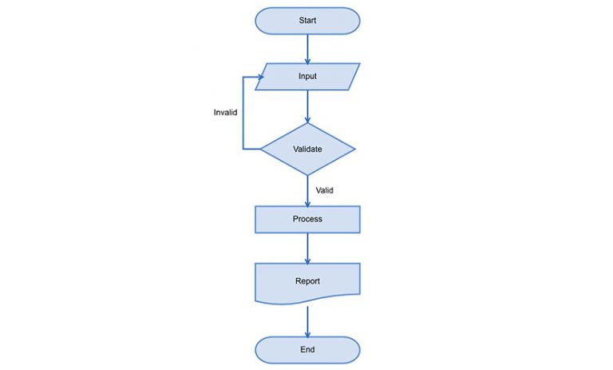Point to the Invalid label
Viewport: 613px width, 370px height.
point(225,113)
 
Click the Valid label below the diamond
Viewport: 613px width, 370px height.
point(325,190)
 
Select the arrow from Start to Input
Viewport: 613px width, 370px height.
point(307,48)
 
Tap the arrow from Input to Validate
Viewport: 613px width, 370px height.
point(307,105)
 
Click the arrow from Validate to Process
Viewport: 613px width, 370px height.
point(307,190)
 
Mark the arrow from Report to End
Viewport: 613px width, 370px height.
point(307,318)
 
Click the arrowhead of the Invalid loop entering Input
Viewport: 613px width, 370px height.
point(259,77)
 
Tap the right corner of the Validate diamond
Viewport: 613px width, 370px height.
point(354,149)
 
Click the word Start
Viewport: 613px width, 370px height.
point(307,21)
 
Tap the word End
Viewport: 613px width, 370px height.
point(307,349)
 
